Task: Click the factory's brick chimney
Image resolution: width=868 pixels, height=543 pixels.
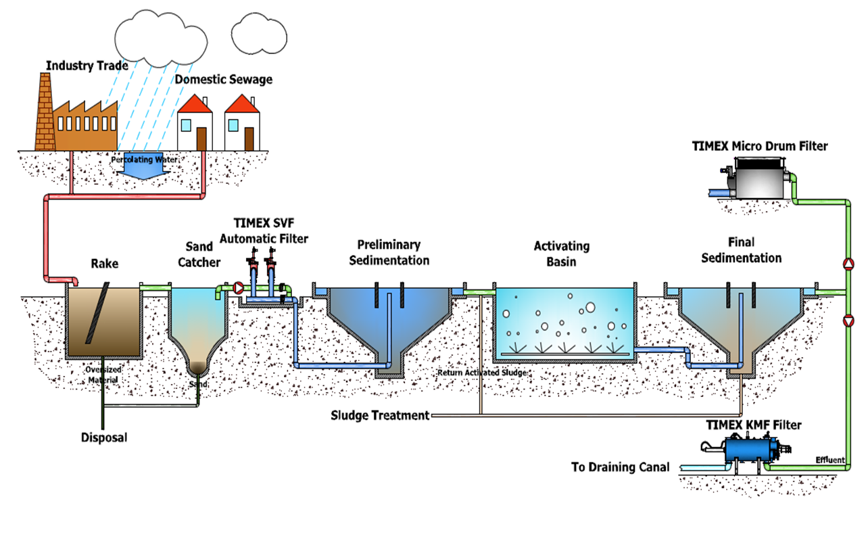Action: tap(45, 111)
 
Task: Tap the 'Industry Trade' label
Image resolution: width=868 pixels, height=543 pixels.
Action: tap(88, 66)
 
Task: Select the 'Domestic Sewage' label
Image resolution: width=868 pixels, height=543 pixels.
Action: tap(224, 80)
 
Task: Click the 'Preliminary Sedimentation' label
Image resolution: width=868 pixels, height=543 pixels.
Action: tap(389, 252)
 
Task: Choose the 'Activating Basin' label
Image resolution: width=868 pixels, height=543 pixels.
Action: tap(562, 254)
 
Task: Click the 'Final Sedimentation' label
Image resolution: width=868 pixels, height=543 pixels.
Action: tap(741, 250)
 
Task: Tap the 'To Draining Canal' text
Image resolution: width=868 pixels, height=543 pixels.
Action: tap(620, 467)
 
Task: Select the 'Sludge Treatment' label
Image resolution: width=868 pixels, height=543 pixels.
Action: tap(380, 415)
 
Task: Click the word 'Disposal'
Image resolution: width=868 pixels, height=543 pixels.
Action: tap(103, 438)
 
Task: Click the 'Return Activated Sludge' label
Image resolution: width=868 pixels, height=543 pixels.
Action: tap(482, 373)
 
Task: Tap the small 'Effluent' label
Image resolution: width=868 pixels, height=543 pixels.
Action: tap(830, 461)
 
